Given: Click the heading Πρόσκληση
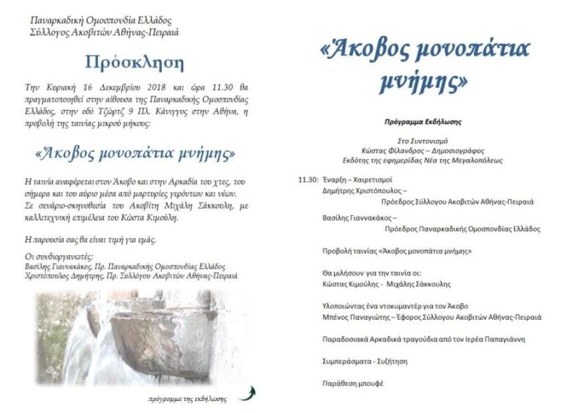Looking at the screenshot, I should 134,62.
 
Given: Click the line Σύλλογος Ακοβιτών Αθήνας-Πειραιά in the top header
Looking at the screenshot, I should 105,32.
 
